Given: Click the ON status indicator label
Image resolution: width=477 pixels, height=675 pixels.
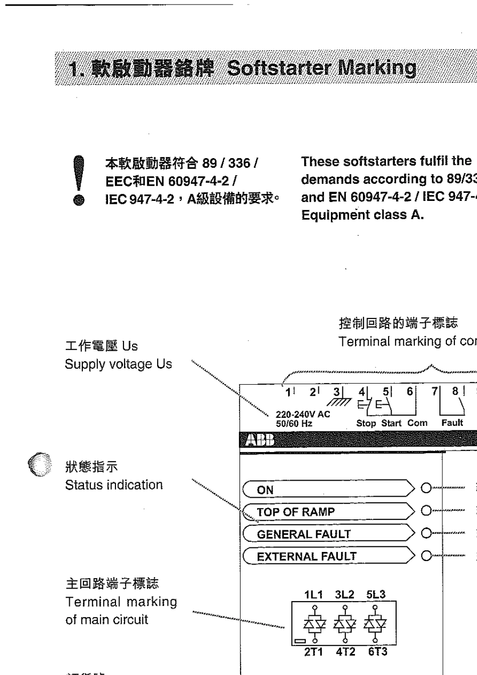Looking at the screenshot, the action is [265, 490].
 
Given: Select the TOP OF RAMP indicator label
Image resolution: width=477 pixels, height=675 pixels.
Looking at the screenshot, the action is [295, 512].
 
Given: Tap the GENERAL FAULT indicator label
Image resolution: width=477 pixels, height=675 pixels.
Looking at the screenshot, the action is [303, 534].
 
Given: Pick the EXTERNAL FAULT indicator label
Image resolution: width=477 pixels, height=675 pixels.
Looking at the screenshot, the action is [306, 556].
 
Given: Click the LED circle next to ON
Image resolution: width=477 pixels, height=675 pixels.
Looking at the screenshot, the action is [426, 488].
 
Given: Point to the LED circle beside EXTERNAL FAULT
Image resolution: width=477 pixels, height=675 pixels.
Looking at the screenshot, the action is [426, 556].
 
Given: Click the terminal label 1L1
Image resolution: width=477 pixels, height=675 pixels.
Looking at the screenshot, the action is [313, 595].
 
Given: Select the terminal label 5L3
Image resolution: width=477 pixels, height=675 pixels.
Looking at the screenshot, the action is [376, 595].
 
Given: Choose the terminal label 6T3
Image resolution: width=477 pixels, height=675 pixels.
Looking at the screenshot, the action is [377, 652].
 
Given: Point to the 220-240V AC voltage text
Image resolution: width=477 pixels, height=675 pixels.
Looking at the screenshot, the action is [303, 414].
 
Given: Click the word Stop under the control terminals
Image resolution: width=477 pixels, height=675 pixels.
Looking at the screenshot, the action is [366, 423].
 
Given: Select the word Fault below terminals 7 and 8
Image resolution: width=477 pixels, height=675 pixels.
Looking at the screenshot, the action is [452, 422].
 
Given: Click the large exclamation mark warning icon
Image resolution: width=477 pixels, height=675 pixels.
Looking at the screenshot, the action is [77, 179].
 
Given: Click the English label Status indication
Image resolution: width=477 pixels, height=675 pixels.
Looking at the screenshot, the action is [114, 485].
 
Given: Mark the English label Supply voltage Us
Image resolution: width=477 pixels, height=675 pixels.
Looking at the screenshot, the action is [118, 364].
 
